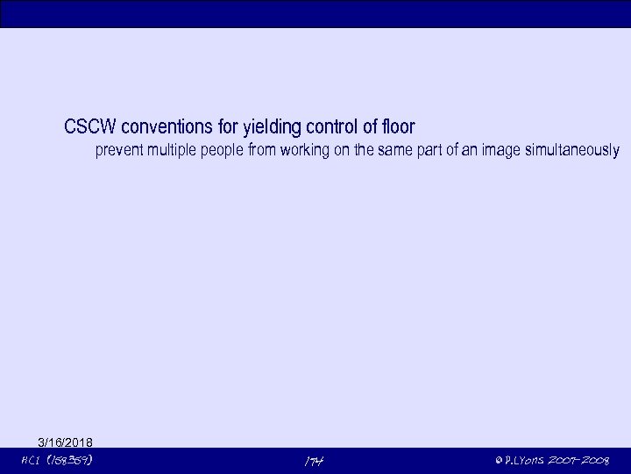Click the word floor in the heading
pyautogui.click(x=397, y=127)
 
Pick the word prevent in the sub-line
pyautogui.click(x=117, y=151)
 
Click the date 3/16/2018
pyautogui.click(x=66, y=442)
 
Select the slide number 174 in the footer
pyautogui.click(x=315, y=461)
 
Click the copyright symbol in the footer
pyautogui.click(x=498, y=461)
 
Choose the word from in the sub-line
pyautogui.click(x=262, y=151)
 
